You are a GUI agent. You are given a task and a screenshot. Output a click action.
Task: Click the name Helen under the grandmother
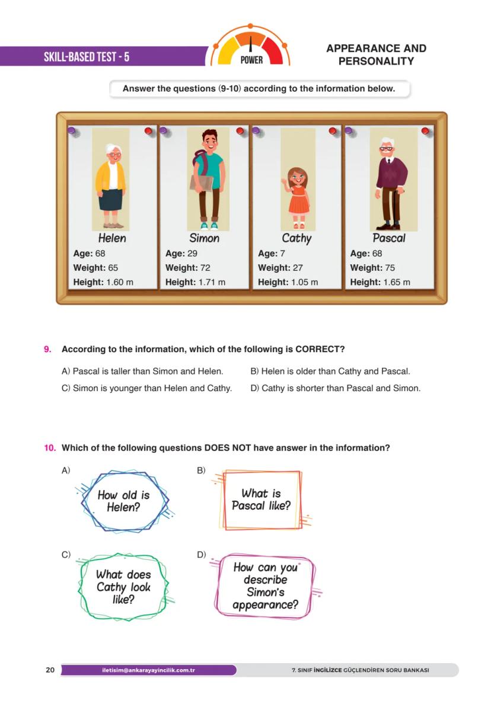click(112, 238)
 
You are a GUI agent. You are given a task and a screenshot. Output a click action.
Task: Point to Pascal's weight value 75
click(390, 268)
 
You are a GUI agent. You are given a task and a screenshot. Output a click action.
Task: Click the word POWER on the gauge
click(251, 60)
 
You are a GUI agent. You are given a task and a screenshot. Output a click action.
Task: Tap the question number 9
click(47, 350)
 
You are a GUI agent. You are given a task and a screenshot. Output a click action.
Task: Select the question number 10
click(50, 448)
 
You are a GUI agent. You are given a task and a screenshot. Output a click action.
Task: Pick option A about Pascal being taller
click(142, 372)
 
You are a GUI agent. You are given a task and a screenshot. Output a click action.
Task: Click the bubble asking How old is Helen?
click(124, 501)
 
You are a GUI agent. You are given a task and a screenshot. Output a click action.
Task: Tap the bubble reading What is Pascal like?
click(261, 500)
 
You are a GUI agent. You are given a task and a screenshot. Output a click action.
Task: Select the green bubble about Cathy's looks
click(123, 587)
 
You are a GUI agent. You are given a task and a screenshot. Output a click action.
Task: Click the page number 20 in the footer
click(50, 670)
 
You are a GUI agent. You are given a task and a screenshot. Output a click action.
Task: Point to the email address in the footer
click(148, 670)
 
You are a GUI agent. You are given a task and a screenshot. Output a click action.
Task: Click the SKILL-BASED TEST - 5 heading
click(87, 57)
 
